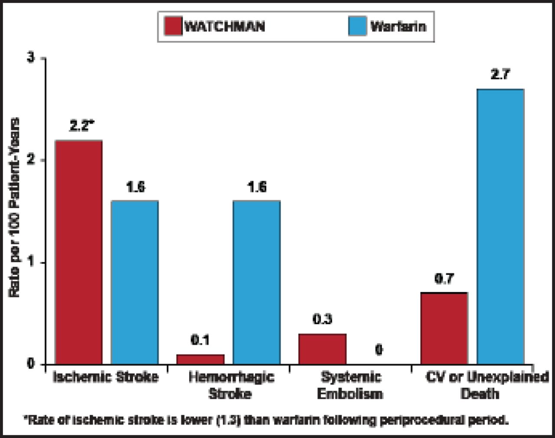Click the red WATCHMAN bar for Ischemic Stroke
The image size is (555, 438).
[78, 252]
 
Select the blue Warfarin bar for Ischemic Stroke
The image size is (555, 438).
[134, 282]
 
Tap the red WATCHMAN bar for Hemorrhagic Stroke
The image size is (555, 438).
[200, 359]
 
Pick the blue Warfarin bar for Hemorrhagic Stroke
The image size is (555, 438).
[256, 282]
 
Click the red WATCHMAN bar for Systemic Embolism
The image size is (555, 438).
[322, 349]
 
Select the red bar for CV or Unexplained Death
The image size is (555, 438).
[444, 329]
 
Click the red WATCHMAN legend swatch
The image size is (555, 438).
[173, 26]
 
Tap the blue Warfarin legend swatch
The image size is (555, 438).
[357, 26]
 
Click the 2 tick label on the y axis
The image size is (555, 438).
[31, 160]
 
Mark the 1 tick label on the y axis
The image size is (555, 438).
[31, 262]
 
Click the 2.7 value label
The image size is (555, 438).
[500, 75]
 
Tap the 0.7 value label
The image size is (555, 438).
[444, 279]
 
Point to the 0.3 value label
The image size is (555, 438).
[322, 319]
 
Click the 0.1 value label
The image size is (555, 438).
[200, 340]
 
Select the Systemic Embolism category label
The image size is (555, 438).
[350, 385]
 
